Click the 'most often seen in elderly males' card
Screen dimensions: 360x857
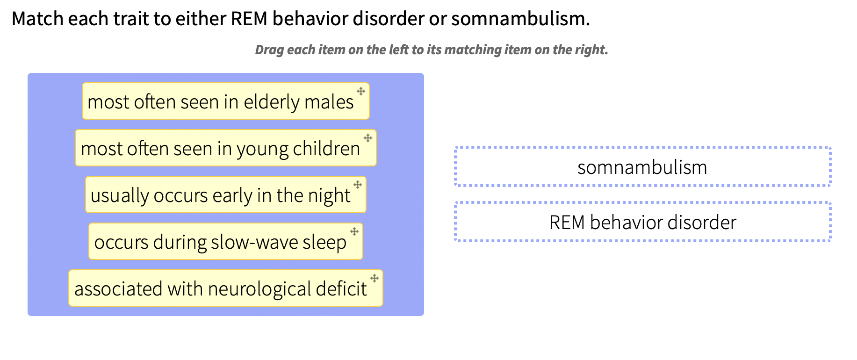tap(220, 101)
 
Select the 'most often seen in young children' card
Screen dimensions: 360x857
tap(220, 148)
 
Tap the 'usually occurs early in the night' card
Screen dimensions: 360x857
tap(220, 195)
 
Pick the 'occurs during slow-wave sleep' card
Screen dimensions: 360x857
tap(220, 242)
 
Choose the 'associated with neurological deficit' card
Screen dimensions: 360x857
tap(220, 288)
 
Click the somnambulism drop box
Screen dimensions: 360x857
tap(642, 167)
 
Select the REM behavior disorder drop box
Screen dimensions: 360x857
tap(642, 222)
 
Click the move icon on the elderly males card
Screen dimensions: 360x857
tap(361, 91)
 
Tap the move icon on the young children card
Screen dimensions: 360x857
tap(368, 138)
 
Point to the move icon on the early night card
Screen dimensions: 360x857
tap(358, 185)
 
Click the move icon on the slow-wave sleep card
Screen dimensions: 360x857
tap(354, 231)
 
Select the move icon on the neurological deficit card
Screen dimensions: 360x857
tap(374, 278)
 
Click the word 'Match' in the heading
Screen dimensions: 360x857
tap(37, 19)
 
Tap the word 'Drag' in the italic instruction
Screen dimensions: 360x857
tap(269, 50)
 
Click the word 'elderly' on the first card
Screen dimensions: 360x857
tap(271, 102)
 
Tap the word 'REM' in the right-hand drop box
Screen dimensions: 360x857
tap(567, 223)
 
